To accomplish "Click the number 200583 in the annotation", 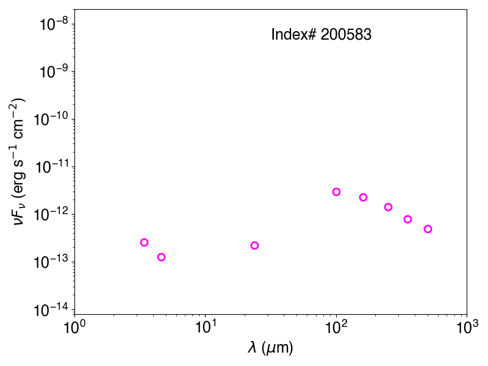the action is (x=346, y=34).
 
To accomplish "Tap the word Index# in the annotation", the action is (x=294, y=34).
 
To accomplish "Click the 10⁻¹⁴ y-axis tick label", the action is (x=51, y=309).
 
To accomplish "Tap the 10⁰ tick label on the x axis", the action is (x=74, y=327).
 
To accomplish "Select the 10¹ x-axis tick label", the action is (x=206, y=327).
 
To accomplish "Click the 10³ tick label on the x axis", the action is (x=467, y=327).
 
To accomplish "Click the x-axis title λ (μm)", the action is (x=270, y=347).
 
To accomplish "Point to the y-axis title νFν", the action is (x=20, y=212).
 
